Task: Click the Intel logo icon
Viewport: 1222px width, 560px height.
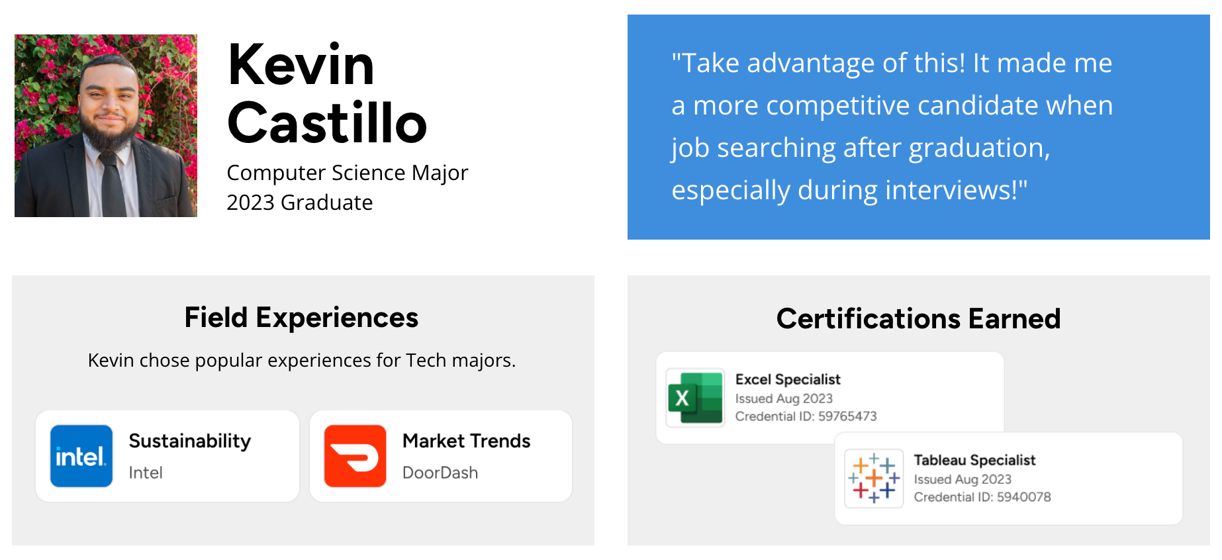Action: tap(81, 456)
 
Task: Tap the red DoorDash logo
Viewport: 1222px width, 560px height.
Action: tap(355, 456)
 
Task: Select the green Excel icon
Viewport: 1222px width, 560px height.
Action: tap(695, 398)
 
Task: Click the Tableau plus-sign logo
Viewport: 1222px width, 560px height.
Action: tap(874, 478)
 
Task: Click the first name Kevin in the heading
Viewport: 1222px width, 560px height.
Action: tap(301, 65)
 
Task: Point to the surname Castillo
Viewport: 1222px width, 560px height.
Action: tap(327, 123)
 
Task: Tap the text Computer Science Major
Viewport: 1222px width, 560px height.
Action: tap(347, 173)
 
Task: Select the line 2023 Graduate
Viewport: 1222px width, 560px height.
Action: tap(299, 203)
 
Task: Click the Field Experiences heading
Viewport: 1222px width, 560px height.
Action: tap(301, 318)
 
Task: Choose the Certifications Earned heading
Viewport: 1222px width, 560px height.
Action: tap(918, 319)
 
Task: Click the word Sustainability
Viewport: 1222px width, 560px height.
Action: tap(190, 441)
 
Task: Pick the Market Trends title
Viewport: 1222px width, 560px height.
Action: tap(466, 441)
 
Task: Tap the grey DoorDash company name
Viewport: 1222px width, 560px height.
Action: tap(440, 473)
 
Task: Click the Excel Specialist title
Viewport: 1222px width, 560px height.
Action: tap(788, 379)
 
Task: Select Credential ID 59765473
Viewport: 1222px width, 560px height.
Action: tap(806, 416)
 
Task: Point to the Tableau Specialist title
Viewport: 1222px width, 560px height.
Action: tap(974, 460)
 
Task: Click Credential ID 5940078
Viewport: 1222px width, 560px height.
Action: tap(982, 497)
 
